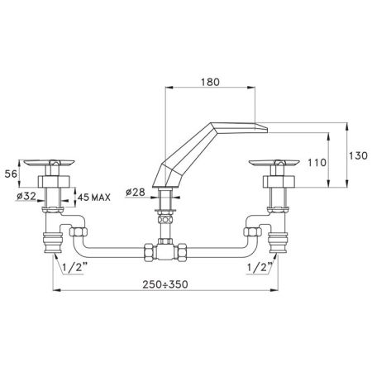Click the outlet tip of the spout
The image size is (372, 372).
[265, 125]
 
